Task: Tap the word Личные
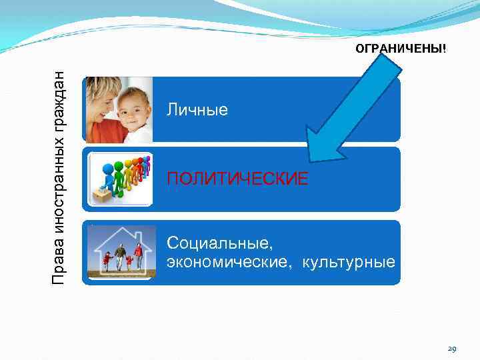pyautogui.click(x=197, y=109)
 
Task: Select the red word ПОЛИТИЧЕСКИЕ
pyautogui.click(x=237, y=179)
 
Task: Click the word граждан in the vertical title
pyautogui.click(x=60, y=100)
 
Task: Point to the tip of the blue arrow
pyautogui.click(x=310, y=160)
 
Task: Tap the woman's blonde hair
pyautogui.click(x=100, y=87)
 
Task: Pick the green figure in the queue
pyautogui.click(x=120, y=176)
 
